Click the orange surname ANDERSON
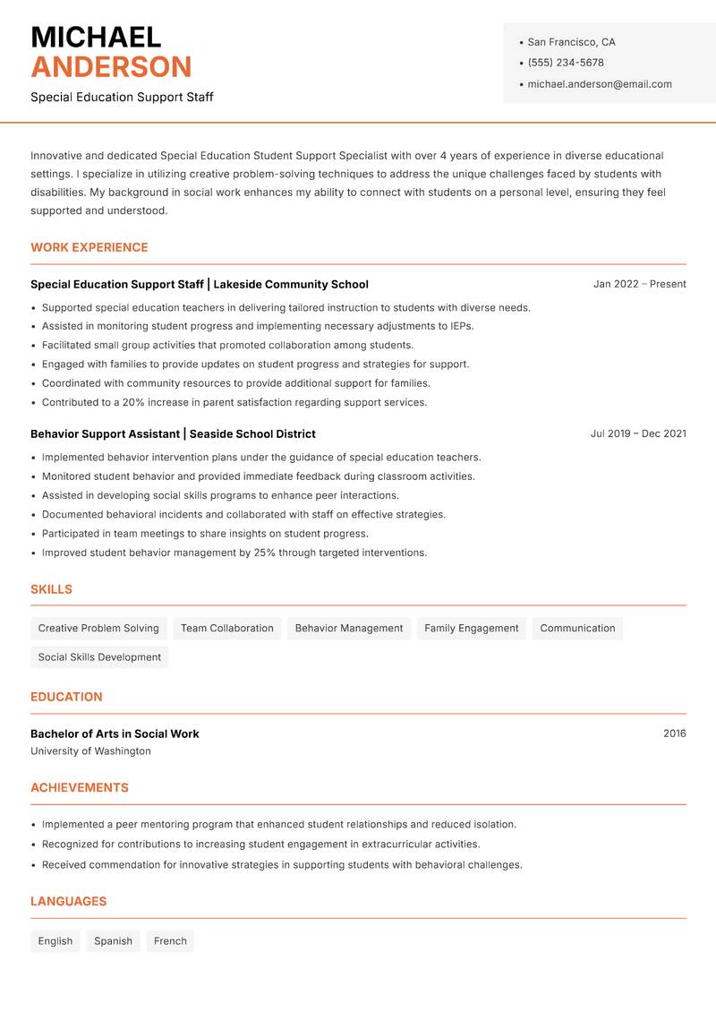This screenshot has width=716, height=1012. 111,67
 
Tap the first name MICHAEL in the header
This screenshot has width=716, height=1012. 96,37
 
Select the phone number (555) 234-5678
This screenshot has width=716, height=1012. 565,63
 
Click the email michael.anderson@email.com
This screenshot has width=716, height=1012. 599,84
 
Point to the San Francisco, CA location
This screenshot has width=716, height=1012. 571,42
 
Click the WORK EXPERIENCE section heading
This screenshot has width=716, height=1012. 89,247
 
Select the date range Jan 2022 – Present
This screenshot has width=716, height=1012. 639,284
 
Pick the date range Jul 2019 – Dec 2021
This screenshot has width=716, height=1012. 638,433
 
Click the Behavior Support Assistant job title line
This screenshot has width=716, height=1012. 173,433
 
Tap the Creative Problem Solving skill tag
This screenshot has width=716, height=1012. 98,629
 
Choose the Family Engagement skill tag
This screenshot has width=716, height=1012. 471,629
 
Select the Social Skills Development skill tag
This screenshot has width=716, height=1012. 99,657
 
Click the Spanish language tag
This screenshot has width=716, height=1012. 113,941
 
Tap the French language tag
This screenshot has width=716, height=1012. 170,941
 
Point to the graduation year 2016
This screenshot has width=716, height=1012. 674,733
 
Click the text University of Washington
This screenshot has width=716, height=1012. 90,751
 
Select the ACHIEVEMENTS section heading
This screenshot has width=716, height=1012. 80,788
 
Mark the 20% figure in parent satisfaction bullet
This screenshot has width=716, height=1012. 133,402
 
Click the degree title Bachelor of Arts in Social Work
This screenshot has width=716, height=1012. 115,733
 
